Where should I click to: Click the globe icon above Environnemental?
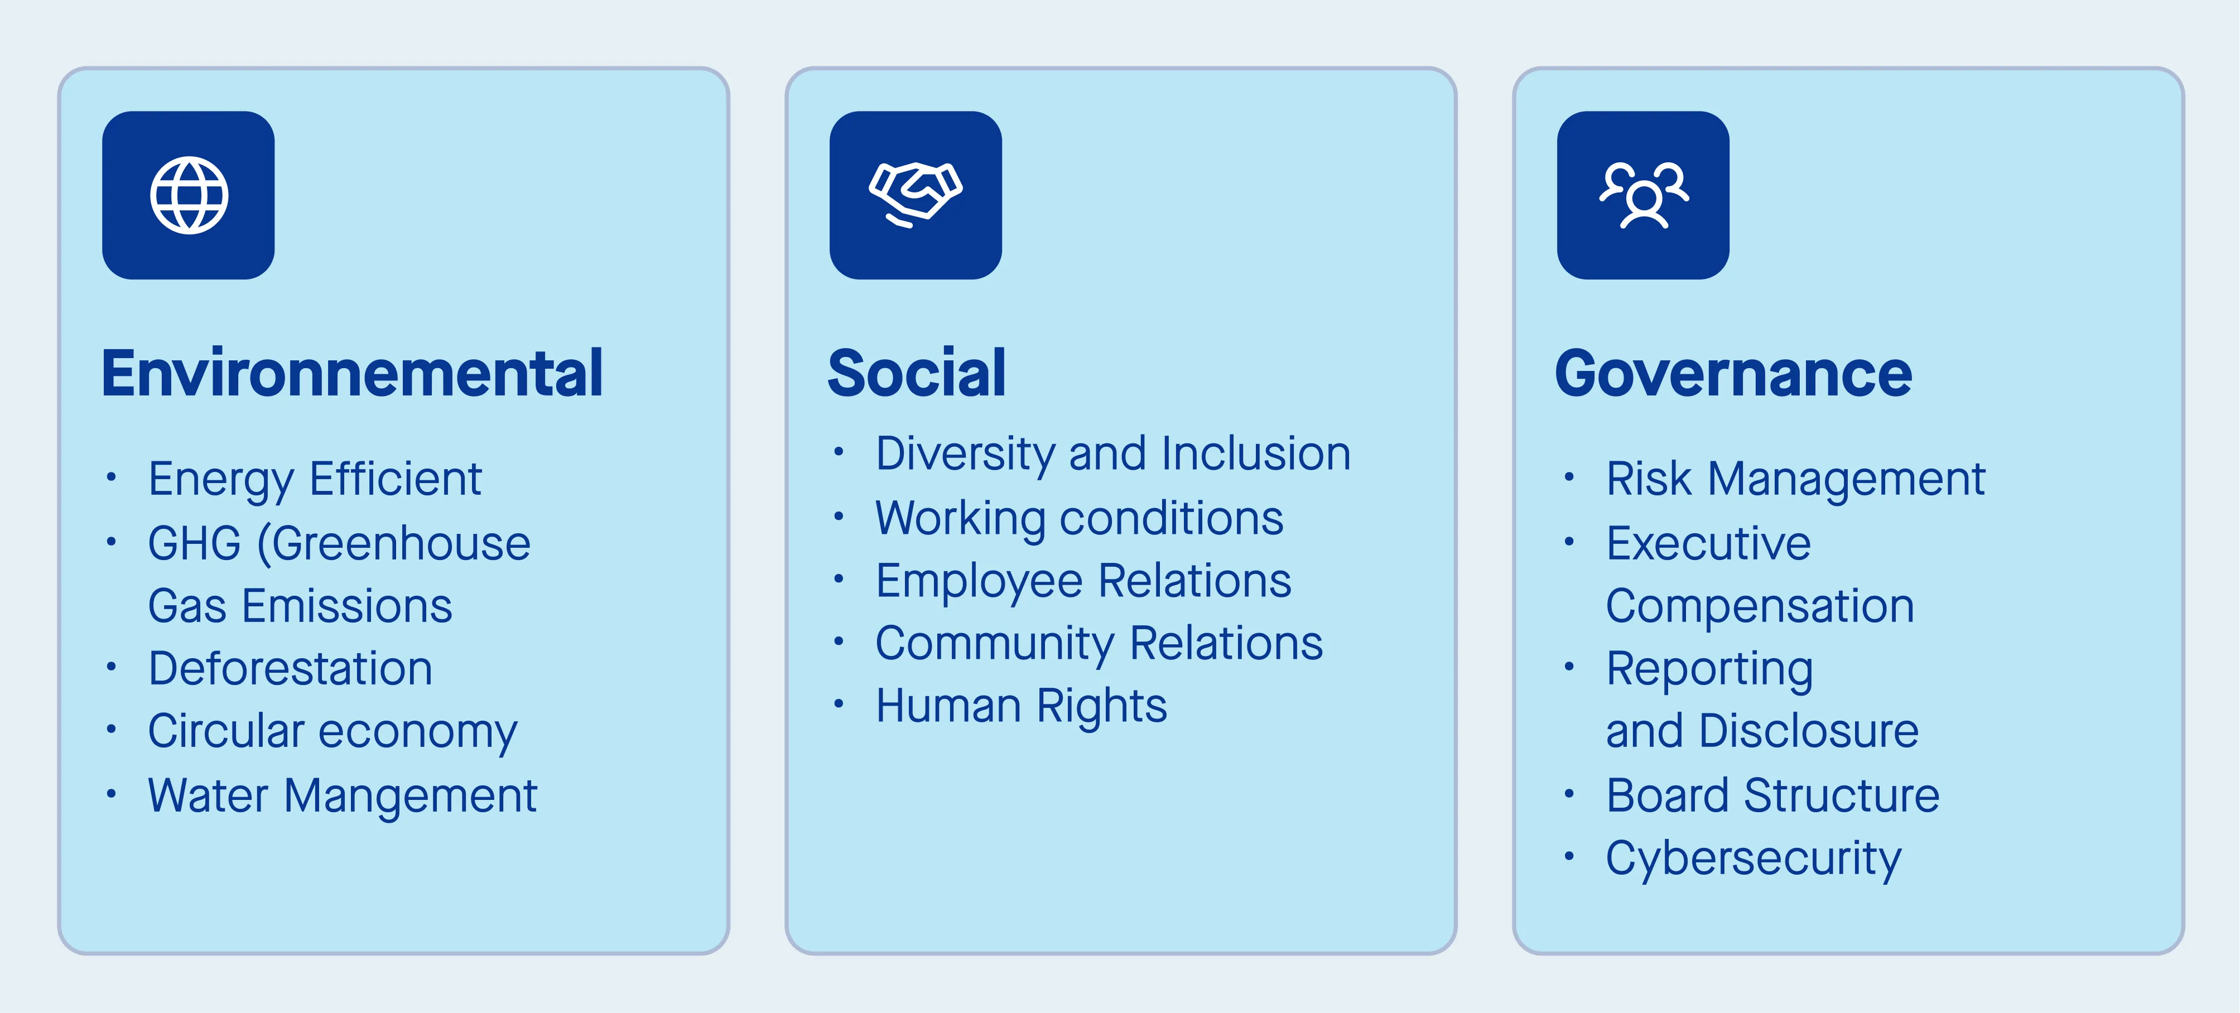point(189,196)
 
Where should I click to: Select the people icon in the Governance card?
point(1644,195)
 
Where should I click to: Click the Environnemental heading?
point(352,374)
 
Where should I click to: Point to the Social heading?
point(917,374)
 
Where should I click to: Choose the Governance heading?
point(1733,374)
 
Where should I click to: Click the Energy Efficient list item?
point(315,479)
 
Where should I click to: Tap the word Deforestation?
point(291,669)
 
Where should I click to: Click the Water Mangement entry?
point(343,795)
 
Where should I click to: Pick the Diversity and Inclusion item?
point(1113,454)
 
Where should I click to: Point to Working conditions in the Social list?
point(1079,518)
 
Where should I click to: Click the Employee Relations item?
point(1083,581)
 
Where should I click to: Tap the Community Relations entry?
point(1099,644)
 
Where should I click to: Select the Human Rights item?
point(1021,706)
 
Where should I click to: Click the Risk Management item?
point(1796,479)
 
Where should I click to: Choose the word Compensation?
point(1760,606)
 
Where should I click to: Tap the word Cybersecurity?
point(1753,859)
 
